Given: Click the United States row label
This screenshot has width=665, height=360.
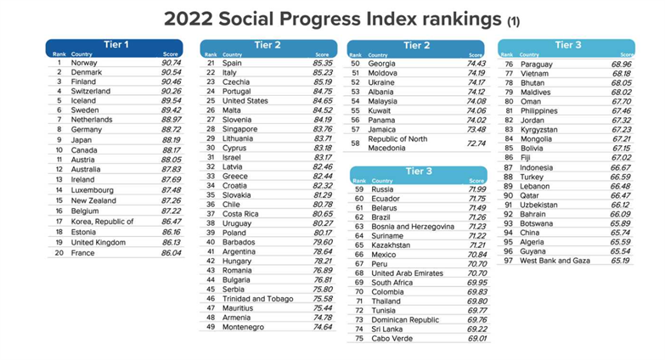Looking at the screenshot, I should (x=245, y=100).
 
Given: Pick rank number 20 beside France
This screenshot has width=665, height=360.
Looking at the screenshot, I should (x=59, y=253).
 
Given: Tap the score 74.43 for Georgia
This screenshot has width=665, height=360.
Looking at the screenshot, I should (x=471, y=63).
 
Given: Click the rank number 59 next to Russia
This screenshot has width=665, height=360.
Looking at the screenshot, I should (x=358, y=188).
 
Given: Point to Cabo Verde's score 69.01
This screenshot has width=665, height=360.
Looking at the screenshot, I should (x=471, y=337).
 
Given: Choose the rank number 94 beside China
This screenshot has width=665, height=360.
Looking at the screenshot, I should (x=509, y=232).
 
